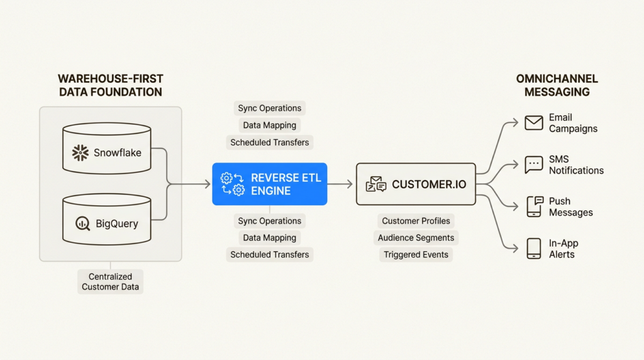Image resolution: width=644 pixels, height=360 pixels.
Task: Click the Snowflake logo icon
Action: tap(80, 152)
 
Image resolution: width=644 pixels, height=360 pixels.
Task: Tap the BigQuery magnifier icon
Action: tap(82, 223)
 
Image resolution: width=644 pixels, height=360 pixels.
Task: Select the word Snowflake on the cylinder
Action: tap(118, 152)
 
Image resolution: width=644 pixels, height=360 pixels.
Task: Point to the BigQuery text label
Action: tap(117, 223)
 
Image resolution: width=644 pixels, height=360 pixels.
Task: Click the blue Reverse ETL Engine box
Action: tap(270, 184)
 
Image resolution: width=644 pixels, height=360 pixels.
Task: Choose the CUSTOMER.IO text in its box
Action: tap(429, 184)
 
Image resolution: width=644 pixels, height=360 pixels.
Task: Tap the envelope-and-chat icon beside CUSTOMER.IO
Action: tap(376, 184)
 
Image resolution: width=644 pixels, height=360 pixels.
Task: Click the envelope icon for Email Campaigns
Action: tap(534, 123)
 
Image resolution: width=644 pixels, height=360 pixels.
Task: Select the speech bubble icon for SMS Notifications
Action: tap(534, 165)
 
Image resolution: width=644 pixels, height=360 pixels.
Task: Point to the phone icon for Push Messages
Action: tap(534, 206)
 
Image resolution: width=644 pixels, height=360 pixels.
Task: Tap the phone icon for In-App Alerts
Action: tap(534, 249)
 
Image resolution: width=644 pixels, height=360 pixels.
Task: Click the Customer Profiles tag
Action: tap(416, 221)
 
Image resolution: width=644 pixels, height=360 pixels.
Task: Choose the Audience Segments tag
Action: tap(416, 238)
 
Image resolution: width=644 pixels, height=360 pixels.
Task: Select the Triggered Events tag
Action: tap(416, 255)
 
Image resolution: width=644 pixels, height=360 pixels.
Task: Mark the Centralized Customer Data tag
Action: tap(111, 281)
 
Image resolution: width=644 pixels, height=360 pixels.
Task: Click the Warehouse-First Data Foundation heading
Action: tap(110, 86)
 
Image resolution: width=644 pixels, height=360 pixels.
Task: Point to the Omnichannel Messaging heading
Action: tap(557, 86)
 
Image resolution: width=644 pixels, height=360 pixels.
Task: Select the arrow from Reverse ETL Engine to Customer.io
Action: tap(340, 184)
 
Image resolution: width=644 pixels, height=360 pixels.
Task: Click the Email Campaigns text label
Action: tap(573, 123)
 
